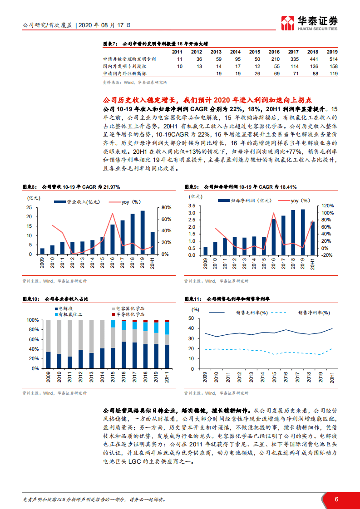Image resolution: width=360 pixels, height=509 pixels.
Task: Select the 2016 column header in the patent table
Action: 274,52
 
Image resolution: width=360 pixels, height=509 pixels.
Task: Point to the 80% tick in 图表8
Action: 165,208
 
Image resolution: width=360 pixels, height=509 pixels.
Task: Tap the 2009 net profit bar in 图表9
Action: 205,251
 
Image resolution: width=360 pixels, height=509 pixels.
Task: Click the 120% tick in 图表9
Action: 327,206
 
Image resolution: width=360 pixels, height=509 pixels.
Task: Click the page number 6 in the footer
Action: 336,499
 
